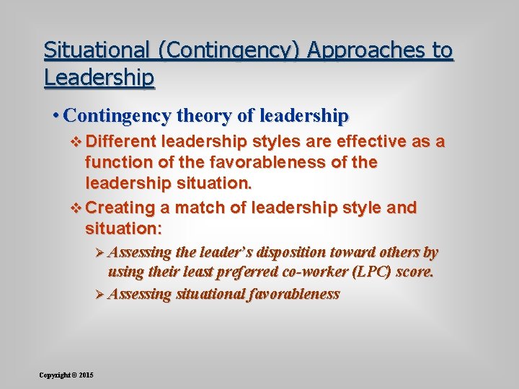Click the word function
pyautogui.click(x=118, y=163)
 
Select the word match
pyautogui.click(x=200, y=208)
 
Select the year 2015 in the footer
pyautogui.click(x=86, y=375)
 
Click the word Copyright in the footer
pyautogui.click(x=55, y=375)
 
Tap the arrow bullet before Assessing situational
pyautogui.click(x=99, y=294)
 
